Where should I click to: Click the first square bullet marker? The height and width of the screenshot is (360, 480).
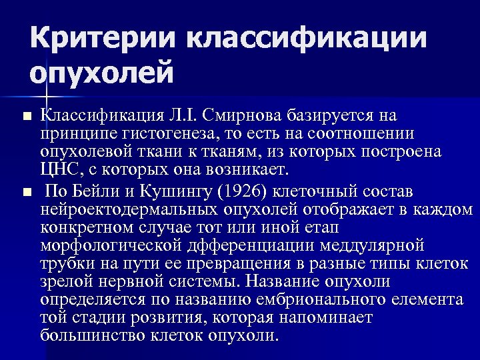pyautogui.click(x=27, y=117)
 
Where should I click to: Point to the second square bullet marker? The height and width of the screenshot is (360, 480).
pyautogui.click(x=27, y=193)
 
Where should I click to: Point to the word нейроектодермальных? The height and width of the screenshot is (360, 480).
pyautogui.click(x=131, y=211)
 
